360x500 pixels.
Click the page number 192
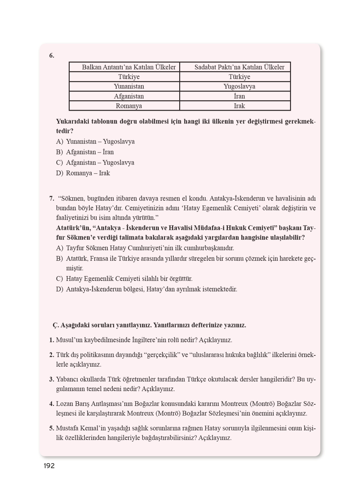click(x=49, y=466)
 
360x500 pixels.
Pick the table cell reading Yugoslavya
click(x=239, y=86)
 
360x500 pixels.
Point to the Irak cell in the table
click(x=239, y=106)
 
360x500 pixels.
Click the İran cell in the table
click(x=239, y=96)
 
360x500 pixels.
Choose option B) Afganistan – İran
click(x=85, y=152)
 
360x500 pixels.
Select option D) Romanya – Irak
click(x=83, y=173)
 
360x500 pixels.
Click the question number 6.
click(x=51, y=56)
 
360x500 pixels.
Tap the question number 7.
click(x=51, y=198)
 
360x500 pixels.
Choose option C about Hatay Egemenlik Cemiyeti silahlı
click(x=124, y=279)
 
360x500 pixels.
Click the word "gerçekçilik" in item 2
click(x=163, y=355)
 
